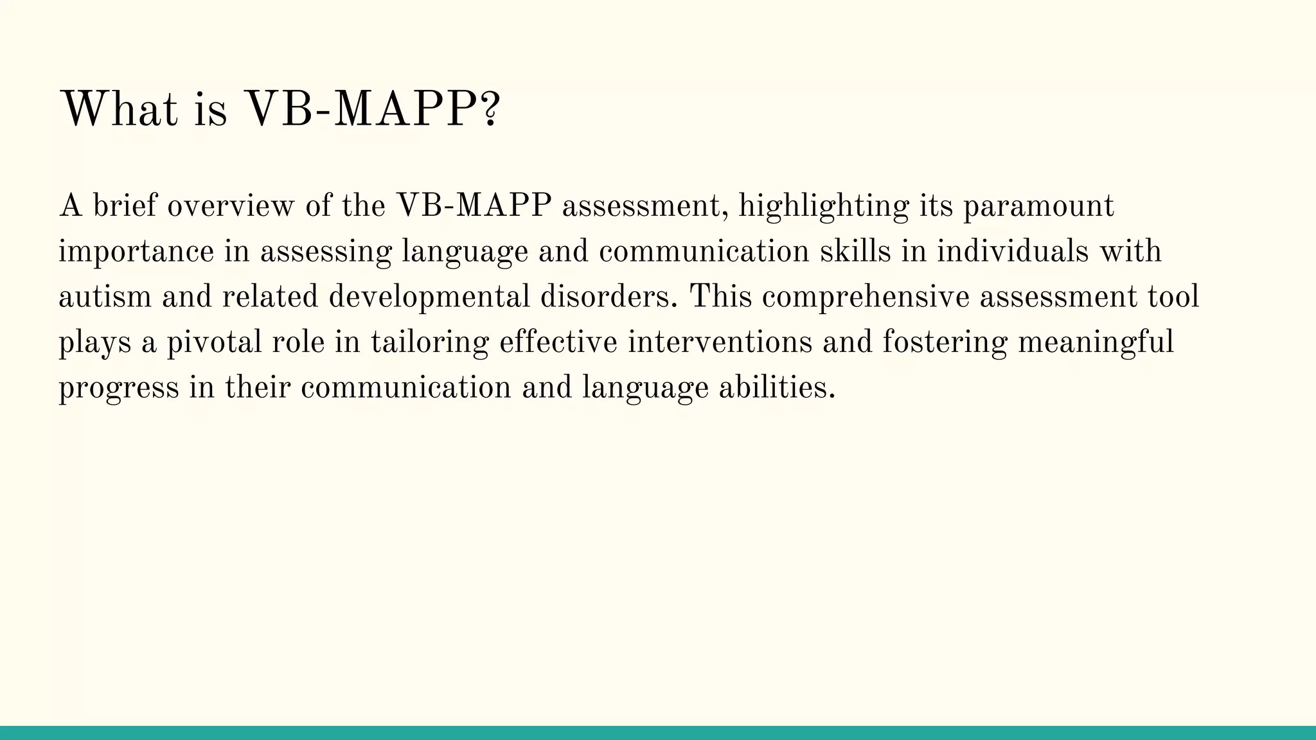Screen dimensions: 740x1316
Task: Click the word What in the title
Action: coord(118,110)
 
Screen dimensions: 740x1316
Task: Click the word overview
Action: coord(230,206)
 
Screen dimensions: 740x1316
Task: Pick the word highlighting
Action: coord(824,207)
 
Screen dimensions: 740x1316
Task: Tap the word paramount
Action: coord(1038,207)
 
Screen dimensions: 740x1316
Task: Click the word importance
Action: coord(136,252)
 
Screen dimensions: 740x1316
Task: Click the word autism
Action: coord(105,297)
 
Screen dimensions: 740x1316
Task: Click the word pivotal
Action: coord(214,342)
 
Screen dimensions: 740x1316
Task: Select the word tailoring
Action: coord(430,343)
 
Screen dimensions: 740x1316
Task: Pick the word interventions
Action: coord(720,342)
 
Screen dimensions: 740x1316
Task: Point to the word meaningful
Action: coord(1096,343)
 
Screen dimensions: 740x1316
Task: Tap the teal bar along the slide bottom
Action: coord(658,733)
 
